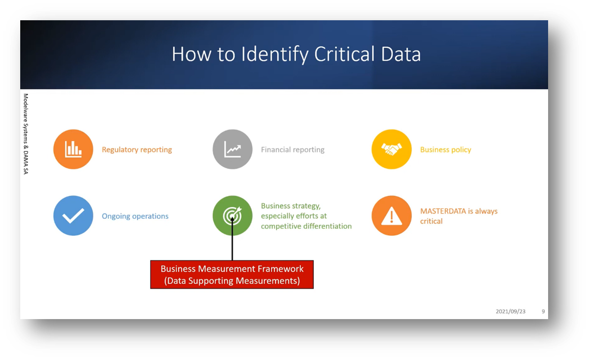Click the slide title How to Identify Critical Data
coord(296,54)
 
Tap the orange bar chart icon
coord(73,149)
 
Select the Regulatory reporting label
coord(137,150)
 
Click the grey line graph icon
coord(232,149)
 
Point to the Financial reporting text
coord(293,150)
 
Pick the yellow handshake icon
coord(391,149)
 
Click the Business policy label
coord(446,150)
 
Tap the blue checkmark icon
coord(73,216)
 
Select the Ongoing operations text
coord(135,216)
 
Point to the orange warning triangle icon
coord(391,216)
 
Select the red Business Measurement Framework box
coord(232,274)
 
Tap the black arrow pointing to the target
coord(232,241)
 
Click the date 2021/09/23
coord(510,311)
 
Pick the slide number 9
coord(543,311)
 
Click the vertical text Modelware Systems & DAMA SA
coord(25,134)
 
